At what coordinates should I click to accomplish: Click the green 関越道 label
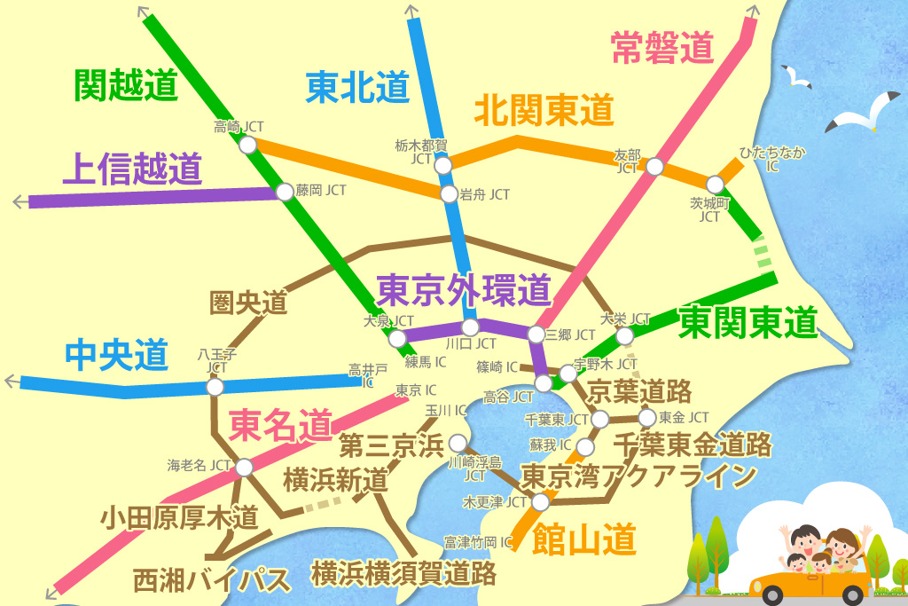pyautogui.click(x=127, y=86)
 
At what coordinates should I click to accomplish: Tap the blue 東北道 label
pyautogui.click(x=357, y=87)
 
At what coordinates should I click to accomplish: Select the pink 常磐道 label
pyautogui.click(x=662, y=48)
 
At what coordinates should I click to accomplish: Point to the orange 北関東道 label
pyautogui.click(x=544, y=110)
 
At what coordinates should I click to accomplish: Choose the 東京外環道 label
pyautogui.click(x=464, y=288)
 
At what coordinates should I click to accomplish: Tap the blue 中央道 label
pyautogui.click(x=116, y=355)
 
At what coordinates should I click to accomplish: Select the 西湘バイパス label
pyautogui.click(x=211, y=580)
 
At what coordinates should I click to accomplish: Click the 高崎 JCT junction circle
pyautogui.click(x=248, y=144)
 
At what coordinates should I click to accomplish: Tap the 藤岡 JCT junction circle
pyautogui.click(x=284, y=191)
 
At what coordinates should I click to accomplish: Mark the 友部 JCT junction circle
pyautogui.click(x=654, y=167)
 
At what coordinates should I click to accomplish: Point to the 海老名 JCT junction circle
pyautogui.click(x=244, y=467)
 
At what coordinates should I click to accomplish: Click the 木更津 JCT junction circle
pyautogui.click(x=540, y=502)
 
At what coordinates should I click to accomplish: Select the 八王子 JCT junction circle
pyautogui.click(x=215, y=387)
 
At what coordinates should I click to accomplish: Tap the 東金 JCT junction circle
pyautogui.click(x=646, y=417)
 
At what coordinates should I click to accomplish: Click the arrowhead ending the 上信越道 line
pyautogui.click(x=19, y=202)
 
